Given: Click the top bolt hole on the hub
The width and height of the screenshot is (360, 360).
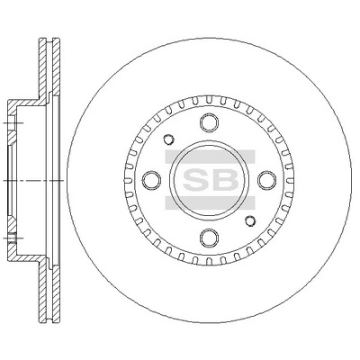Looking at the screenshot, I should point(209,123).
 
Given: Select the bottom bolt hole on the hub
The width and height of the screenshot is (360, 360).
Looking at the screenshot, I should point(209,237).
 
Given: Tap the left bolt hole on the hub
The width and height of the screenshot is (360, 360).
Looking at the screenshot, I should point(152,180).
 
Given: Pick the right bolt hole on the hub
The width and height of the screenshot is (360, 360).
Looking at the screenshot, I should point(265,180).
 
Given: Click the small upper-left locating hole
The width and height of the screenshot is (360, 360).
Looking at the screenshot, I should point(168,140).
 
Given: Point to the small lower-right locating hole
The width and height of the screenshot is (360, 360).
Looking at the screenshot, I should point(249,220).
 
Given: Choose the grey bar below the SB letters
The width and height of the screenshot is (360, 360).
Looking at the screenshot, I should point(209,202).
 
